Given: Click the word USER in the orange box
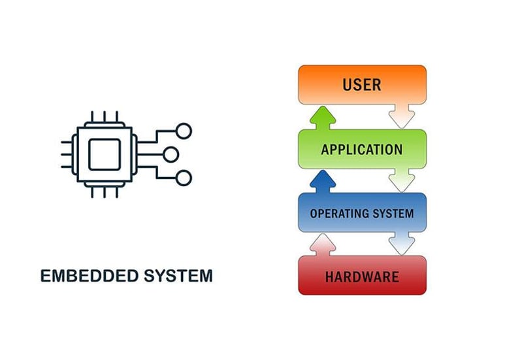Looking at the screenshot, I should tap(361, 84).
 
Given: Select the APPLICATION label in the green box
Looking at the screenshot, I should tap(361, 150).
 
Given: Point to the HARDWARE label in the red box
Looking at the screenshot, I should tap(361, 276).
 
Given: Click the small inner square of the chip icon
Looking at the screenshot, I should tap(105, 155).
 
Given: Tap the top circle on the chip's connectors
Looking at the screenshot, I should tap(185, 131).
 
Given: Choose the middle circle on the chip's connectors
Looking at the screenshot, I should tap(170, 155).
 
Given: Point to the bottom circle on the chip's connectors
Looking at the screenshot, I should tap(185, 178).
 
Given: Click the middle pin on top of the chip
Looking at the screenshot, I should tap(105, 118).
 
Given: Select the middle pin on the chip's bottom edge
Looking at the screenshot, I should tap(105, 191).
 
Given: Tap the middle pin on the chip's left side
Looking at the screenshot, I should tap(67, 155).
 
